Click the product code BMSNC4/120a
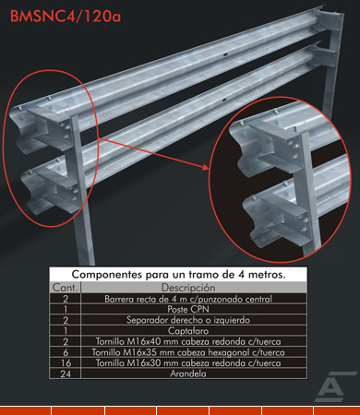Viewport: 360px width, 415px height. (66, 17)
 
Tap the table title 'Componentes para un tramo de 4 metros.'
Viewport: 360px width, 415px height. (178, 274)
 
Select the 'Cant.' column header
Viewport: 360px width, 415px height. (65, 288)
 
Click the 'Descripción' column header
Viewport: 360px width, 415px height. (188, 288)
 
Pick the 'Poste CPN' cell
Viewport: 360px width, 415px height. (188, 309)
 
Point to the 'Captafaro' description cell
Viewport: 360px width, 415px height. (188, 331)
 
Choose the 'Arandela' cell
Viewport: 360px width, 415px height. (188, 373)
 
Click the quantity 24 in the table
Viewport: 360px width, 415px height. (66, 373)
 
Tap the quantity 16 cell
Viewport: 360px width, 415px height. (66, 363)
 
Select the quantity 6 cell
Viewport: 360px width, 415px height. (66, 352)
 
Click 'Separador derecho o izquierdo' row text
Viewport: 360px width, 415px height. (188, 320)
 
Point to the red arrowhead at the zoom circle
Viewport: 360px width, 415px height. (205, 167)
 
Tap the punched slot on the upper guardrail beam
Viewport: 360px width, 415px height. (225, 55)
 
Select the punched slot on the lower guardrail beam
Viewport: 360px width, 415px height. (224, 101)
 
